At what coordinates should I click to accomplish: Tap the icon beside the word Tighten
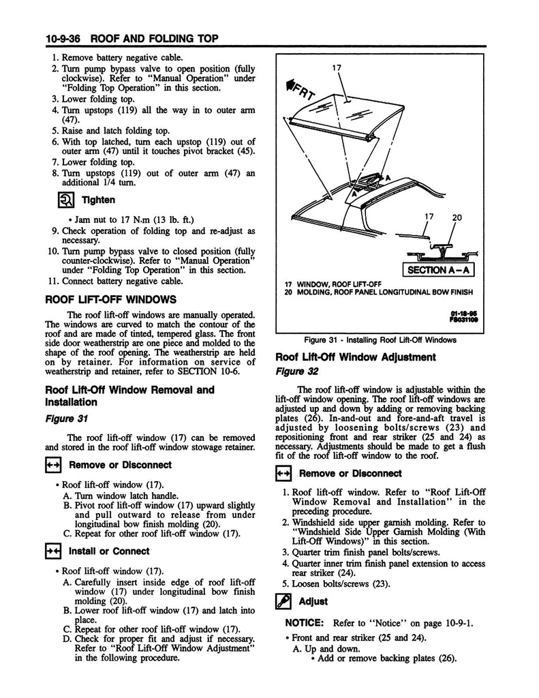click(65, 200)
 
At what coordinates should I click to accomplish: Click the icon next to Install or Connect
click(54, 551)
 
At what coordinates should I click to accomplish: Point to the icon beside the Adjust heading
click(283, 601)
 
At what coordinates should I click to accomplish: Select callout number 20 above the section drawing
click(457, 219)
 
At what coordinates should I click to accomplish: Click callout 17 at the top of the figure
click(337, 67)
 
